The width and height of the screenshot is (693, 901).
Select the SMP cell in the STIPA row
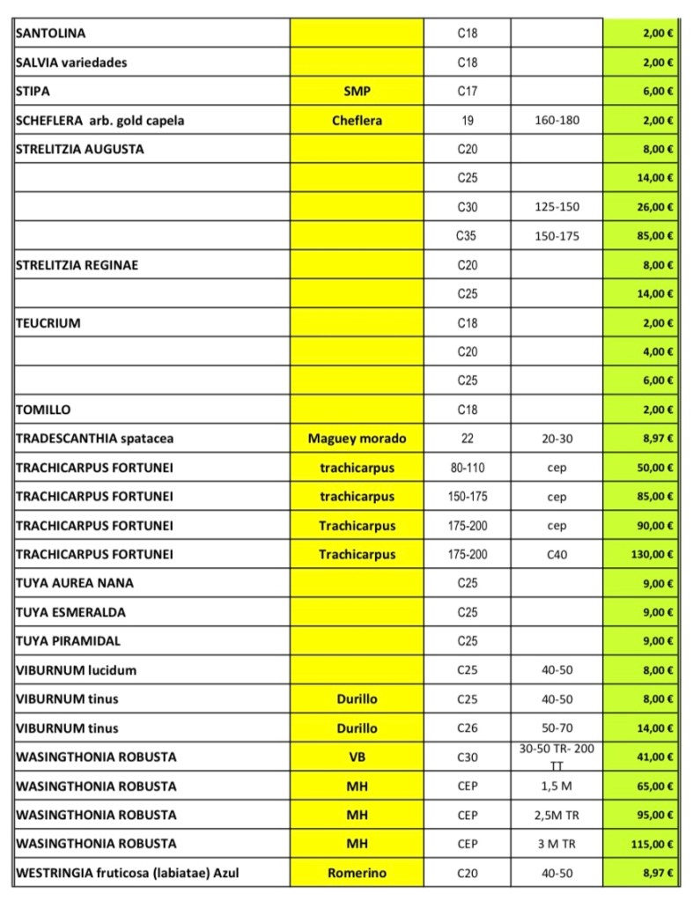click(357, 91)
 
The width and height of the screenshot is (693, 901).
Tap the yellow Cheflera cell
click(357, 121)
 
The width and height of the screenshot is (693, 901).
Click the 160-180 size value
click(557, 121)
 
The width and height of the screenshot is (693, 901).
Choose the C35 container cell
click(467, 236)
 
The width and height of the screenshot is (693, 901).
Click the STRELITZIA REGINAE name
click(77, 265)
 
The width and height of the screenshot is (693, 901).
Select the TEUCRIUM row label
click(48, 323)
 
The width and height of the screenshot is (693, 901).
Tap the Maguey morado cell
click(357, 439)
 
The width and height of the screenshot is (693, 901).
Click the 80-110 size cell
click(467, 468)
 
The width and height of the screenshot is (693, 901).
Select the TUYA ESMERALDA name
click(70, 612)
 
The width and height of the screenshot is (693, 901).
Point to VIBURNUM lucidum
click(76, 670)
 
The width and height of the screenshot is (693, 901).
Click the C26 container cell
click(467, 728)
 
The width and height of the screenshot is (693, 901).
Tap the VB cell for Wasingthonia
click(357, 757)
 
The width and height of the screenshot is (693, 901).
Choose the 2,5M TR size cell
click(557, 815)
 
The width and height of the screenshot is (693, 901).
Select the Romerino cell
click(357, 873)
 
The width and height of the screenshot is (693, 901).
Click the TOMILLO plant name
click(43, 410)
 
